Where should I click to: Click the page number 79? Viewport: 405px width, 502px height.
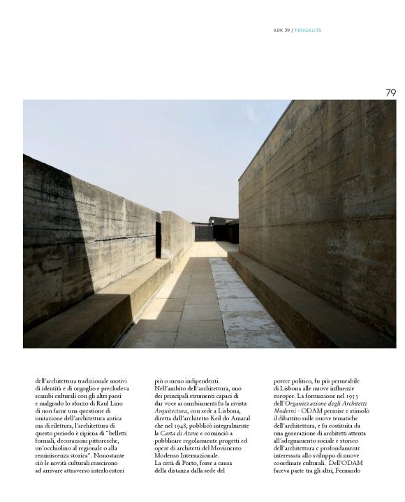point(390,92)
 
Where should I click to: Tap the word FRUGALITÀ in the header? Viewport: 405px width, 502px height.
point(309,30)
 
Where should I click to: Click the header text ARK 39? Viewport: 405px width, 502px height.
point(281,30)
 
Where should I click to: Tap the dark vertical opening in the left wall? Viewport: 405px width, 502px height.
point(159,239)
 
